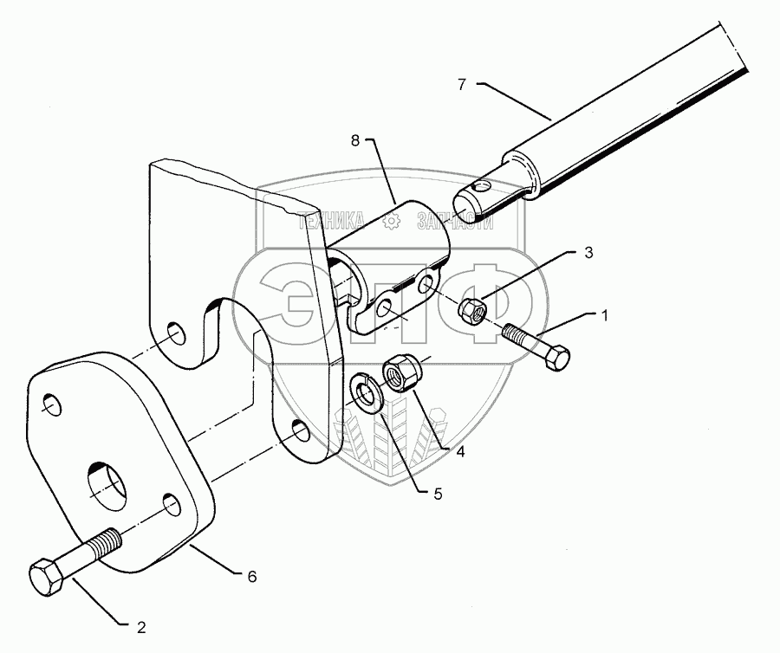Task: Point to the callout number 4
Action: pos(460,451)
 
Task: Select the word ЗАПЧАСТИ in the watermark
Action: pos(454,223)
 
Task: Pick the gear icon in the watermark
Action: pos(391,223)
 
